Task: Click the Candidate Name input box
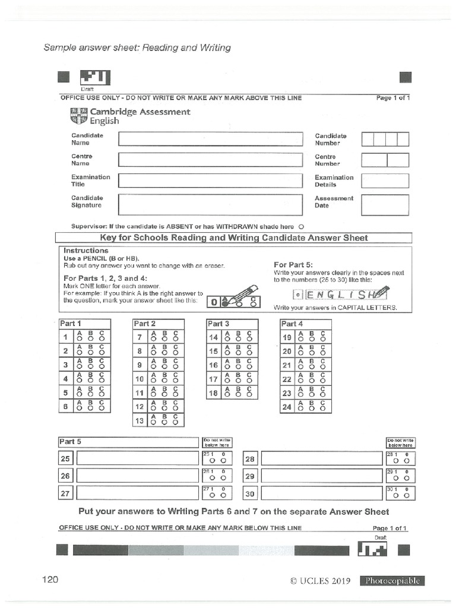coord(210,139)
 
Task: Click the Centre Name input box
coord(210,160)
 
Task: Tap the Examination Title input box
coord(210,180)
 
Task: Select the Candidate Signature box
coord(210,204)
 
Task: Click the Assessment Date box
coord(385,205)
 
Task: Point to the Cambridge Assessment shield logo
coord(78,116)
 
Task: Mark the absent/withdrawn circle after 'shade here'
coord(301,226)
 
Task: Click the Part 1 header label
coord(68,324)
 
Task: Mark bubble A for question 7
coord(154,340)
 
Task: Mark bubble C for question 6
coord(103,408)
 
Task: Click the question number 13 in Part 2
coord(140,420)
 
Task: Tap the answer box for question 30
coord(321,493)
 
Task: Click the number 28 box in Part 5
coord(250,459)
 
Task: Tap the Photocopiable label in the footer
coord(392,581)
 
